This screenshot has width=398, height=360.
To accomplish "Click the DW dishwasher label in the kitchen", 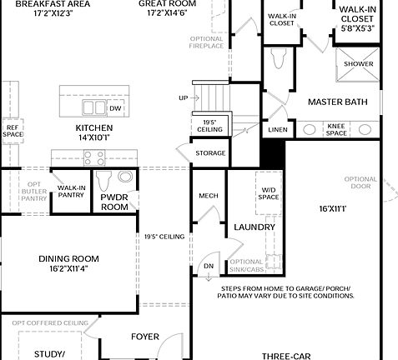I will click(115, 109).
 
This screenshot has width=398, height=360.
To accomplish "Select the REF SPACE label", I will click(13, 131).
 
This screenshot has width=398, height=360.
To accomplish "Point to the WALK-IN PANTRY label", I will click(70, 192).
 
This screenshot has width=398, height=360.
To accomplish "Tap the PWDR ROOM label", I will click(114, 202).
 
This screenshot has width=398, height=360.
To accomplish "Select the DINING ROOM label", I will click(68, 263).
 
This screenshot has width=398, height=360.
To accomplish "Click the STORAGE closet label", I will click(210, 153).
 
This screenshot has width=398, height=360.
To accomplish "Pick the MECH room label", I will click(208, 196).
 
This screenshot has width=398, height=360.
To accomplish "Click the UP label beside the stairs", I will click(183, 98).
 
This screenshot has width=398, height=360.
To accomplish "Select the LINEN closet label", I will click(277, 130).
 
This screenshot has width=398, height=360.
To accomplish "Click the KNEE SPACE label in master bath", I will click(336, 129).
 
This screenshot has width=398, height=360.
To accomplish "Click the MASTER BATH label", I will click(337, 102).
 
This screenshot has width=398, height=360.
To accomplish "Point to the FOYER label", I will click(145, 337).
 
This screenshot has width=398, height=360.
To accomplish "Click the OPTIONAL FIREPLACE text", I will click(207, 42).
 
